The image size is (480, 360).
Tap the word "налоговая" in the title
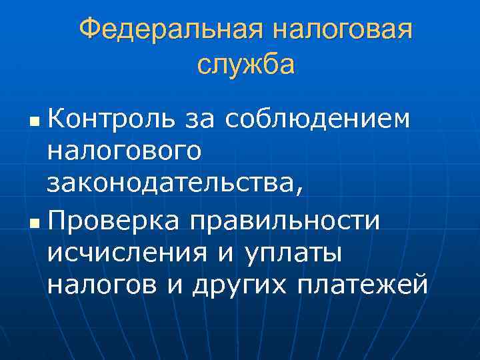tap(341, 30)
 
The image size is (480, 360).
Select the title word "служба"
tap(246, 65)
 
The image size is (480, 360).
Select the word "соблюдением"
tap(335, 119)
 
